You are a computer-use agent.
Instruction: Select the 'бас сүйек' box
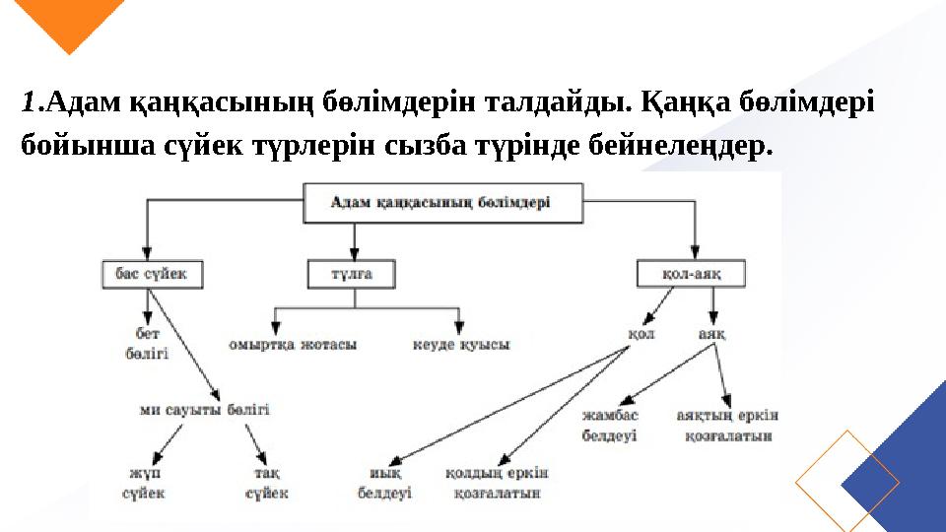coord(152,273)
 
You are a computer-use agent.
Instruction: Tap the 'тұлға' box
coord(351,274)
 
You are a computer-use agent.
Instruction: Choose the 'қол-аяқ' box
coord(691,274)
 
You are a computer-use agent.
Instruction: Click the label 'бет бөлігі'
coord(146,344)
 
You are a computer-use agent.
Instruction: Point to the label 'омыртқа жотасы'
coord(292,345)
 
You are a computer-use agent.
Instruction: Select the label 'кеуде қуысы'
coord(460,345)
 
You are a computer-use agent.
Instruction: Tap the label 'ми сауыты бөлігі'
coord(204,409)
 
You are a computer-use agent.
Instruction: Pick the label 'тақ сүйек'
coord(267,483)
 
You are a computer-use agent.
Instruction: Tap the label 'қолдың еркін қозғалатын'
coord(497,483)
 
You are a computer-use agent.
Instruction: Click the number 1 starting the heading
coord(31,101)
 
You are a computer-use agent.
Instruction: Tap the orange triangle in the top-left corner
coord(74,22)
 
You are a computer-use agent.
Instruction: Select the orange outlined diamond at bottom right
coord(846,482)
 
